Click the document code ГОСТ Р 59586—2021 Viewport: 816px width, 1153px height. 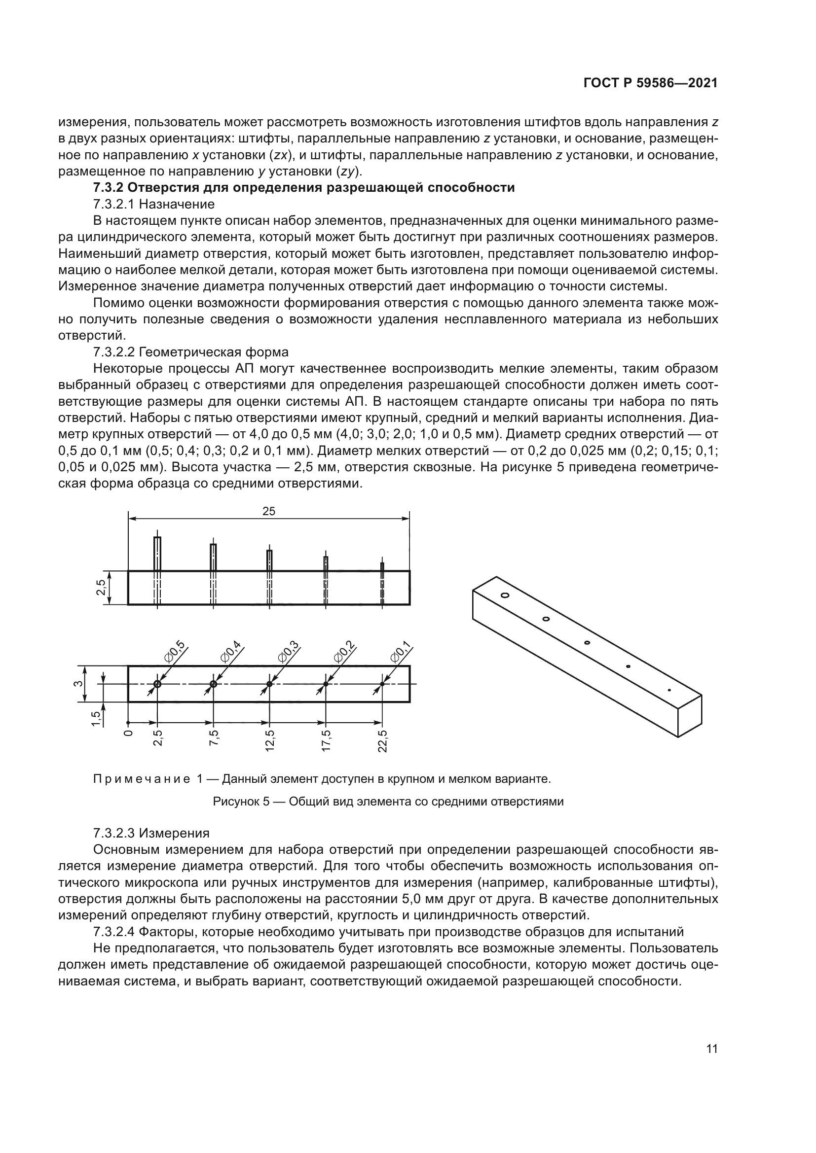[x=650, y=83]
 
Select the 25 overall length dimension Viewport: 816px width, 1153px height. [x=269, y=511]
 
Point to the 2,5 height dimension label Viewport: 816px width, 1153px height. [x=102, y=587]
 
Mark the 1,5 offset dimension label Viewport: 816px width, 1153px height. [x=96, y=719]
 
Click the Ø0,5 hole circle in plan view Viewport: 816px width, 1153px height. [x=157, y=684]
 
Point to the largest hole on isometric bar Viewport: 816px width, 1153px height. [x=505, y=595]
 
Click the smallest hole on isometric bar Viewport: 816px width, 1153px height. [x=669, y=690]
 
